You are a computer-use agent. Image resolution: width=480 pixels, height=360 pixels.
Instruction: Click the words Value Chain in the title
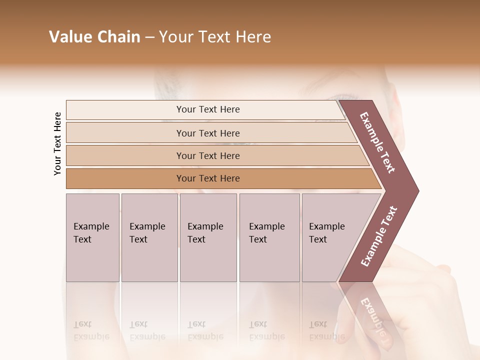(94, 37)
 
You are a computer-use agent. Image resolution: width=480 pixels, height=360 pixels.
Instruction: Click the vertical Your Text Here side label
(57, 143)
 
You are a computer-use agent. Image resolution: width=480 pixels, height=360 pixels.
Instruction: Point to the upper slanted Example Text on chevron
(377, 142)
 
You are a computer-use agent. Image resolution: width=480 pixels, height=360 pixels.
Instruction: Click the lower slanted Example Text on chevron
(379, 236)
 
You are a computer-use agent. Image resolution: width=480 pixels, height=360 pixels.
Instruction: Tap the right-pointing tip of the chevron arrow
(416, 190)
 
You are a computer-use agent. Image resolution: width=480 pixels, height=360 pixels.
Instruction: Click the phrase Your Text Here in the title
(215, 37)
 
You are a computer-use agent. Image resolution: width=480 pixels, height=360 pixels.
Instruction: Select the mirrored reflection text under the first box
(91, 330)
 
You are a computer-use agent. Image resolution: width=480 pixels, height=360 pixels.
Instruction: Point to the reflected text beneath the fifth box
(326, 330)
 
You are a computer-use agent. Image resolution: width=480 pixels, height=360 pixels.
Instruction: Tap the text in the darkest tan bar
(208, 178)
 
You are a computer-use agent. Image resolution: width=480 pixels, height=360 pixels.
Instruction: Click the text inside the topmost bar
(208, 109)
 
